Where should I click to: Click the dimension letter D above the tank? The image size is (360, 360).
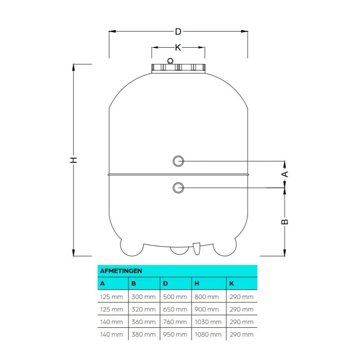(178, 31)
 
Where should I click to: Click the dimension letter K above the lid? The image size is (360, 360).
(178, 48)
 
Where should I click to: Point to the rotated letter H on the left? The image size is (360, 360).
(74, 160)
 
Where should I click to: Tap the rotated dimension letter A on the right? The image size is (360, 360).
(285, 174)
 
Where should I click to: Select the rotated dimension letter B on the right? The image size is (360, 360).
(285, 222)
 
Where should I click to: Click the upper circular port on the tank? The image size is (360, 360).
(178, 161)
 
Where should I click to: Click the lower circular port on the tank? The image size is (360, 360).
(178, 188)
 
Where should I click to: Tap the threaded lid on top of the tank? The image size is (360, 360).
(178, 68)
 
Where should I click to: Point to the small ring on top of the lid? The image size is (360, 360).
(170, 61)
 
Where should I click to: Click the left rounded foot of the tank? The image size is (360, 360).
(132, 248)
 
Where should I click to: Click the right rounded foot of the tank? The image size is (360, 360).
(225, 248)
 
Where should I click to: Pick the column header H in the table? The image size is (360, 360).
(197, 283)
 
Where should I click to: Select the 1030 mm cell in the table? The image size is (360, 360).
(208, 322)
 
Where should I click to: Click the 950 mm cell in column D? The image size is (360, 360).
(175, 334)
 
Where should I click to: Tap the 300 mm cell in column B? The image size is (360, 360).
(143, 297)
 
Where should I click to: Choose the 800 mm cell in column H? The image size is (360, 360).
(207, 297)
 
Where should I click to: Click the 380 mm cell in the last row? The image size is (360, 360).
(143, 334)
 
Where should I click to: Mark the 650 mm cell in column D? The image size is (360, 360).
(175, 309)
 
